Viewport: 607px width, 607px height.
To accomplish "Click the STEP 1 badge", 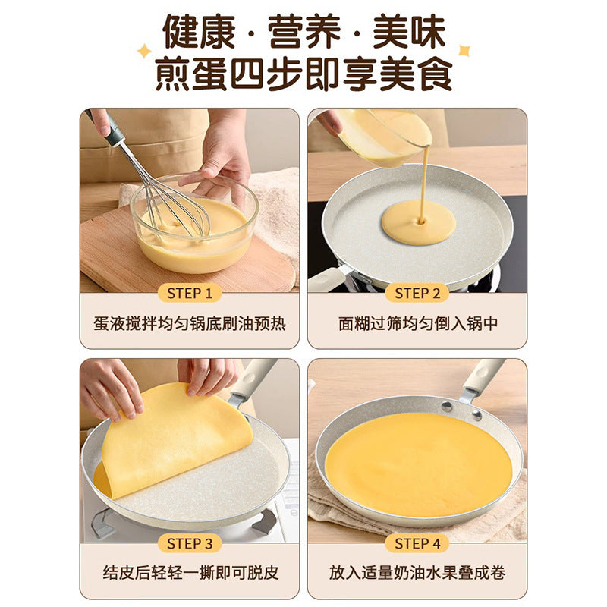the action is tap(190, 294).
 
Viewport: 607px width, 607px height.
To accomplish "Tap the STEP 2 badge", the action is tap(417, 294).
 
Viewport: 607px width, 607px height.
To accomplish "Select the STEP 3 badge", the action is tap(190, 543).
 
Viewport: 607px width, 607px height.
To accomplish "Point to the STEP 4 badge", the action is tap(417, 543).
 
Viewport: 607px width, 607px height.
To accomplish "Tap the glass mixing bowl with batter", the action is tap(194, 224).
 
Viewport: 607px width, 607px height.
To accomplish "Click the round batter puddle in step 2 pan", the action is tap(418, 222).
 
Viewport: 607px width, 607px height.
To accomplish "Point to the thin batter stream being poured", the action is tap(425, 182).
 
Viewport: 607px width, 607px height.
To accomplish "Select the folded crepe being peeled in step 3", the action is tap(175, 442).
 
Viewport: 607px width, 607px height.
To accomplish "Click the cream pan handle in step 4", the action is tap(485, 377).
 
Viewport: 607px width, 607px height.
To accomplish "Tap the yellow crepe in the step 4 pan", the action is tap(419, 464).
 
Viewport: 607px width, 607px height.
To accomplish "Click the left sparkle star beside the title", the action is tap(144, 51).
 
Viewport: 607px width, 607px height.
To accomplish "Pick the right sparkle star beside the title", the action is tap(464, 50).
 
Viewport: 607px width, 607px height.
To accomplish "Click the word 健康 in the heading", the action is tap(199, 32).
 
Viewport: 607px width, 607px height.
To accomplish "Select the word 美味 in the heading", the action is tap(409, 32).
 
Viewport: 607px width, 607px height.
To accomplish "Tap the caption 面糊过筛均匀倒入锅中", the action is tap(418, 324).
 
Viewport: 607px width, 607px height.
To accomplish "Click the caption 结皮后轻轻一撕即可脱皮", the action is tap(190, 573).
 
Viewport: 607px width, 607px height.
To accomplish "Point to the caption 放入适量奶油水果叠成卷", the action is tap(417, 573).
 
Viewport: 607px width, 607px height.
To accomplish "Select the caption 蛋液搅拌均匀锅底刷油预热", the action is tap(190, 324).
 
